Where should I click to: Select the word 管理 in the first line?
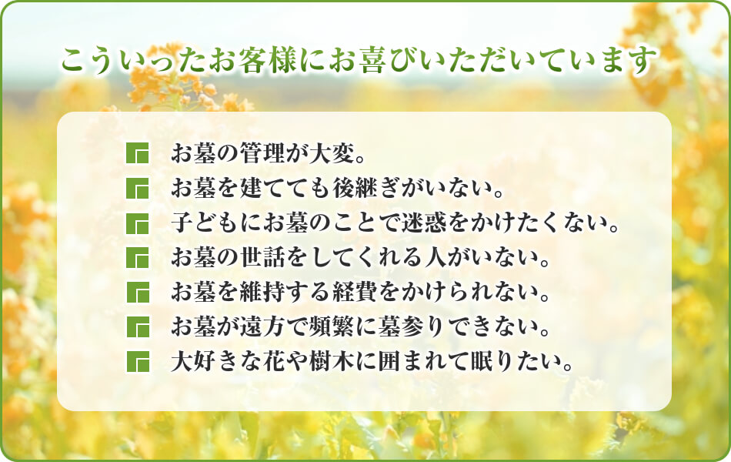coord(263,153)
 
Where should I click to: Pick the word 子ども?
coord(205,223)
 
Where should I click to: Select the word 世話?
coord(263,257)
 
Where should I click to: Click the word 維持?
coord(263,292)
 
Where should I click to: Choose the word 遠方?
coord(263,326)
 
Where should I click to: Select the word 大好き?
coord(205,362)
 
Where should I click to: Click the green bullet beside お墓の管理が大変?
coord(138,153)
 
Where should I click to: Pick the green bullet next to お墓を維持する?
coord(138,292)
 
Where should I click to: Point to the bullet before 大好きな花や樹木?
coord(138,362)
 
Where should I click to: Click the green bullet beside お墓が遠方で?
coord(138,326)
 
